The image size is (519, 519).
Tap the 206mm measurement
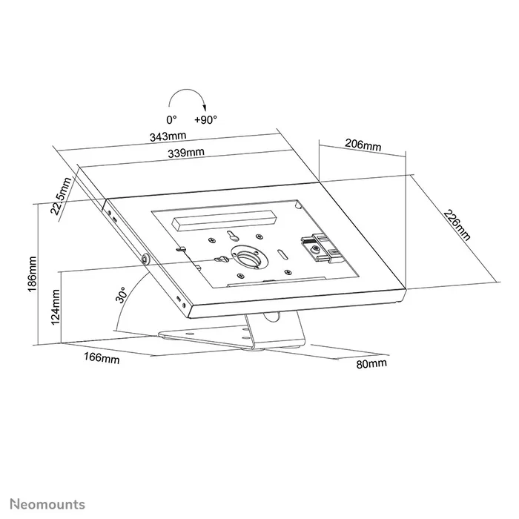coord(363,145)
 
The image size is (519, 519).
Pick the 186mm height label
coord(32,274)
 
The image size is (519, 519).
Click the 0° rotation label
coord(171,119)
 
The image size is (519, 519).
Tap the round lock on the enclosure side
coord(143,259)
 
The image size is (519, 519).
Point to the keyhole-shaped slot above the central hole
coord(233,237)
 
